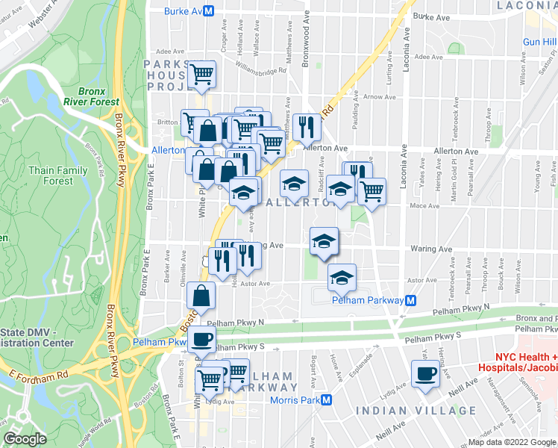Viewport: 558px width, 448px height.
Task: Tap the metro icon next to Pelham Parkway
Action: [410, 300]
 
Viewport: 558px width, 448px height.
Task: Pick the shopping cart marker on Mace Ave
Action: [372, 191]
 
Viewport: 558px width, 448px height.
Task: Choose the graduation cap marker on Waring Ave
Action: [324, 240]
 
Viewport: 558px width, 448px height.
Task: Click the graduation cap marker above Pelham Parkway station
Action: [342, 277]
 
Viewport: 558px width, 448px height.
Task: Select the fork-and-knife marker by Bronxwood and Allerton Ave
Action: [307, 127]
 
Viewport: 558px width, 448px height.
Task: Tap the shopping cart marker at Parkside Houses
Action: [201, 74]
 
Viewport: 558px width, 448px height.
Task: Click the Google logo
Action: [25, 438]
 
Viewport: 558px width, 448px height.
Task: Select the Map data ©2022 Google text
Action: [511, 442]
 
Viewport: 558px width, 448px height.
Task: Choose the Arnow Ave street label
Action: [380, 97]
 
